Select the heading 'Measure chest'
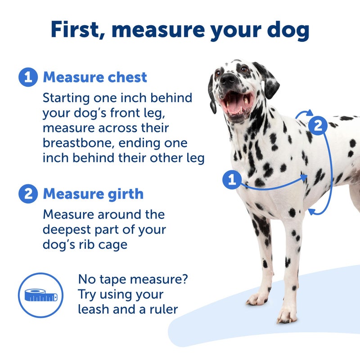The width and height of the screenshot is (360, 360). click(95, 77)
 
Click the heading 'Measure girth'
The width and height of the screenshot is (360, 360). click(93, 194)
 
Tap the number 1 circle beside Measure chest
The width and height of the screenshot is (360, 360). click(27, 77)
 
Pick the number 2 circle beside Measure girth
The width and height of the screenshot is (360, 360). click(27, 194)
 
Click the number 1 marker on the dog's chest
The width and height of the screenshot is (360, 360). click(232, 180)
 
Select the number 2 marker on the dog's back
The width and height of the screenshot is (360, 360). click(318, 125)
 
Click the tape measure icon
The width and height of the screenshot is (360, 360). click(40, 295)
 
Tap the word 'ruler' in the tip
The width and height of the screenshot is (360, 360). click(163, 309)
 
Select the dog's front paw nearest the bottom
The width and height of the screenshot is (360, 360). click(286, 315)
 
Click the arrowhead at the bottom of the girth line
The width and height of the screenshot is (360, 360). click(311, 211)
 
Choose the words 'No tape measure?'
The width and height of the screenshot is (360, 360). click(133, 279)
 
